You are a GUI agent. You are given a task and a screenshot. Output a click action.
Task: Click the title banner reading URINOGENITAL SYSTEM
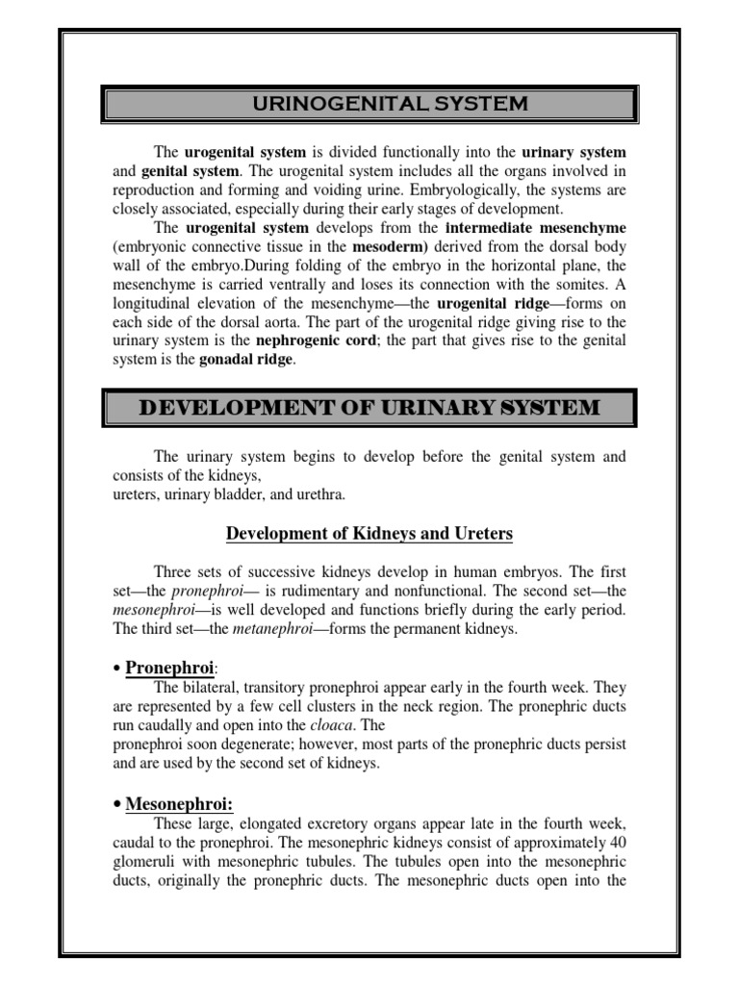[x=369, y=104]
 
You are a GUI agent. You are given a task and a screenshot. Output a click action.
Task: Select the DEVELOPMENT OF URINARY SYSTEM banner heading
[x=369, y=408]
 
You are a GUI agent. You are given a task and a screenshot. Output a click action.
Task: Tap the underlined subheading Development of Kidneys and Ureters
[x=369, y=534]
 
